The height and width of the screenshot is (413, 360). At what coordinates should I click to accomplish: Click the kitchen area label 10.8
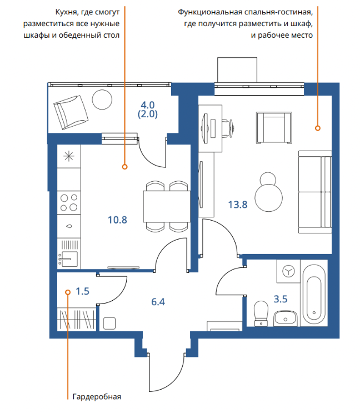coord(117,220)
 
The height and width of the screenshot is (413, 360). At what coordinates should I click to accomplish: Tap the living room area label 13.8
coord(238,205)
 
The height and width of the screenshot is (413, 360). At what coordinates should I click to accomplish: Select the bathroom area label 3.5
coord(280,299)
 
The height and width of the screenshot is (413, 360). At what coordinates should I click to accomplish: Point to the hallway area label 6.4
coord(158,302)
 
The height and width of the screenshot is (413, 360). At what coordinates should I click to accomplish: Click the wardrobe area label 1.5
coord(82,291)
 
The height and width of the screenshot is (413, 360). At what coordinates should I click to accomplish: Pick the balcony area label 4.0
coord(148,105)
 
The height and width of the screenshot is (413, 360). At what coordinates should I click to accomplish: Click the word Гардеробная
coord(97,397)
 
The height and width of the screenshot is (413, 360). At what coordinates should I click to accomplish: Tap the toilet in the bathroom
coord(261,314)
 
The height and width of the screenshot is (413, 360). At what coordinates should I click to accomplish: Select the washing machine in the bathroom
coord(288,271)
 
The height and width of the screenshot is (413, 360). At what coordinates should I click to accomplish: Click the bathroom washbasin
coord(285,319)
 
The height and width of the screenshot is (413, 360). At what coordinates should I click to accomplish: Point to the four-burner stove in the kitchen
coord(69,203)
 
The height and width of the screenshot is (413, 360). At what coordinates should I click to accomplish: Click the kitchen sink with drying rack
coord(69,253)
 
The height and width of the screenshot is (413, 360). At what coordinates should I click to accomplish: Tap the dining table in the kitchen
coord(167,207)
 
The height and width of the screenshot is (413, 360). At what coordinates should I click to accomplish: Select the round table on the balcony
coord(102,99)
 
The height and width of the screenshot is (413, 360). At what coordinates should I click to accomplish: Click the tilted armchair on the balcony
coord(71,112)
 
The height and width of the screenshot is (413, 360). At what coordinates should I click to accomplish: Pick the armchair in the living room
coord(274,128)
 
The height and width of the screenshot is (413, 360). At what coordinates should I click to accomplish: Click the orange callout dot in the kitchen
coord(125,167)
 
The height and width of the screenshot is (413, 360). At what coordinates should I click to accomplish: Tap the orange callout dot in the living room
coord(318,128)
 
